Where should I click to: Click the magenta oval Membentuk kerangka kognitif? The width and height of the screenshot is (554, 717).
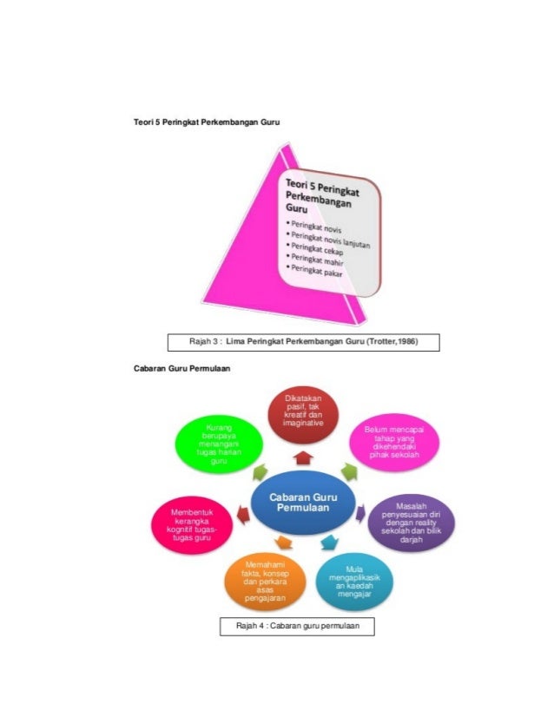(x=193, y=526)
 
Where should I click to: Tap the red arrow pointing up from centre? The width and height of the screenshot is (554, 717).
(x=303, y=457)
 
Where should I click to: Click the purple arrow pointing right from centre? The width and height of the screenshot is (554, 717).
(x=360, y=512)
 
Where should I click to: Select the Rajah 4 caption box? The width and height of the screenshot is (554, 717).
(x=298, y=625)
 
